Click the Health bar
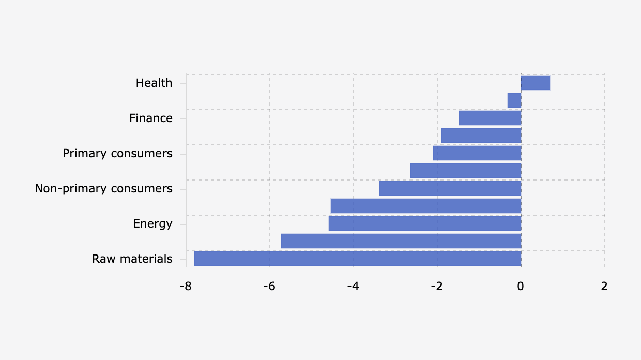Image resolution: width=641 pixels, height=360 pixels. [x=536, y=83]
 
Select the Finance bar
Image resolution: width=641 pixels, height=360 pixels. [x=490, y=118]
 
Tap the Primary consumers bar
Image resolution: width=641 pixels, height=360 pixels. [x=477, y=153]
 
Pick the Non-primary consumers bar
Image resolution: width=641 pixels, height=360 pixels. [x=450, y=188]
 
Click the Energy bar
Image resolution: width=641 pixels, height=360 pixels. [x=425, y=223]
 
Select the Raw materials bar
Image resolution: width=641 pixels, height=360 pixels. [x=358, y=259]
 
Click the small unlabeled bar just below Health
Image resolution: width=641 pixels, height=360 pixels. [x=514, y=100]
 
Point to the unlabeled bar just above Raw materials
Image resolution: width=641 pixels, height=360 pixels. [x=401, y=241]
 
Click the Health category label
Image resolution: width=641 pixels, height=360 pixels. [x=154, y=83]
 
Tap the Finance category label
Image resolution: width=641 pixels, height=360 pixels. [x=151, y=118]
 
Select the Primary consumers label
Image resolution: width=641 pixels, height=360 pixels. [x=118, y=154]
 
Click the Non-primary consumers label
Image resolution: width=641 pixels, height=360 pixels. [x=103, y=189]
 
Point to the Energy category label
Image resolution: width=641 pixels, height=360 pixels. [x=152, y=224]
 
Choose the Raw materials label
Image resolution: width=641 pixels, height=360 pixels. [x=132, y=259]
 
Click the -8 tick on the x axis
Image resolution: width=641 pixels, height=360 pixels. [x=186, y=286]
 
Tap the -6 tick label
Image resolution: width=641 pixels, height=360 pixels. [x=269, y=286]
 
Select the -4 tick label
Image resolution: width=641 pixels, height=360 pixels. [x=353, y=286]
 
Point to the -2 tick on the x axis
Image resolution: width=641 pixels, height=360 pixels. [x=437, y=286]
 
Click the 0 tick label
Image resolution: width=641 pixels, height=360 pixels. [x=521, y=286]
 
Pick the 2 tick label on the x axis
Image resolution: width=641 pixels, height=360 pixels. [x=604, y=286]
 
